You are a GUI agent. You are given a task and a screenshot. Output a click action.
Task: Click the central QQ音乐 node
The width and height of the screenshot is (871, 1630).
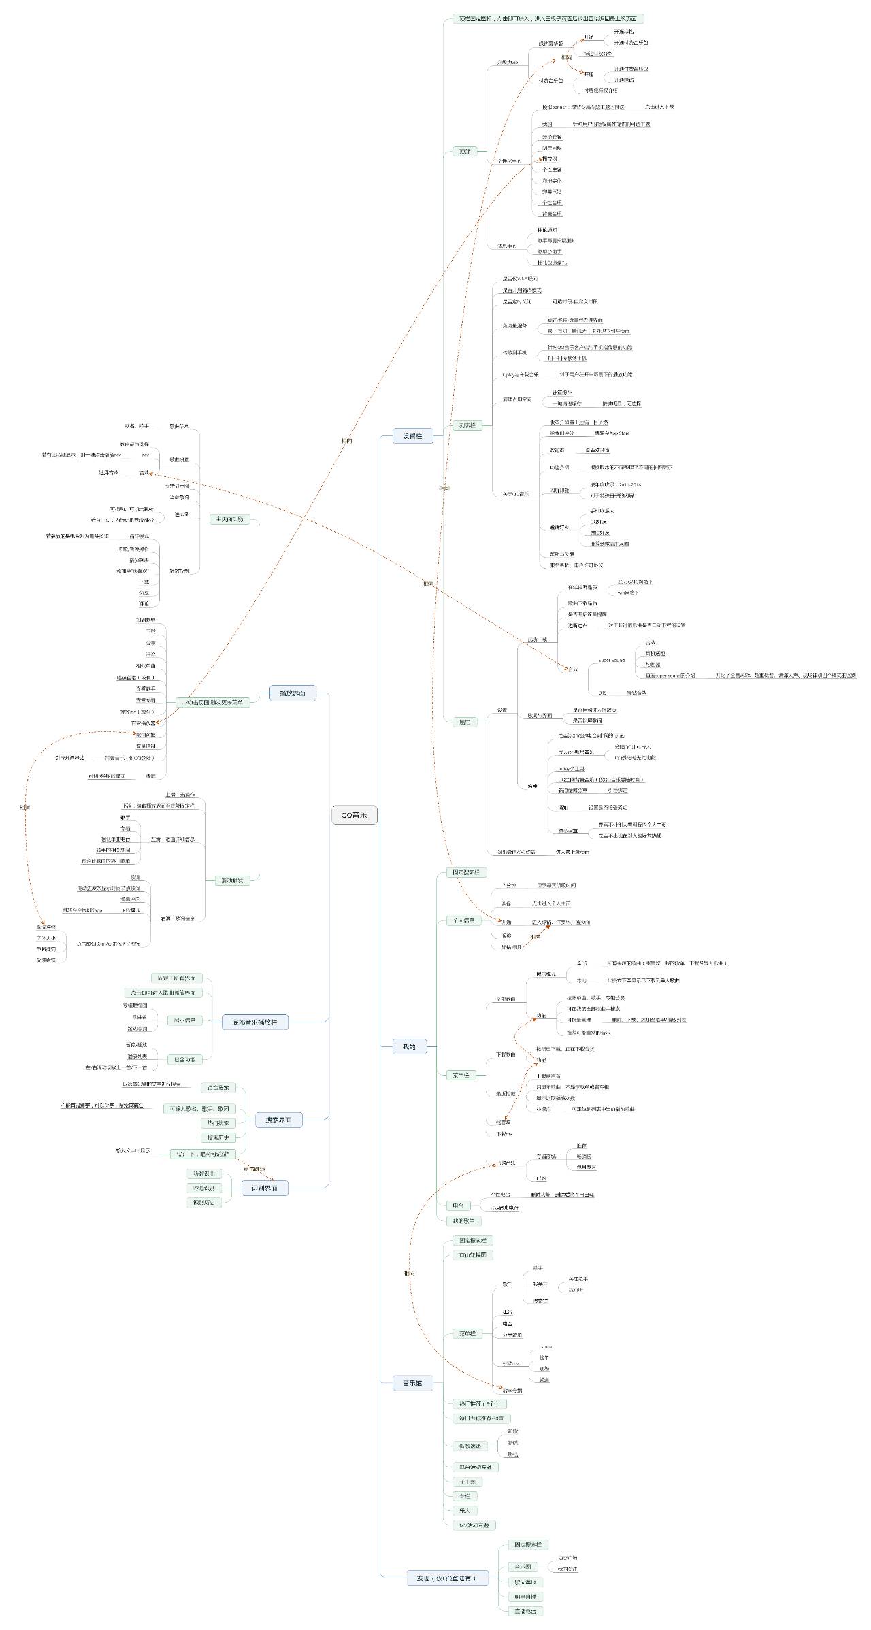pos(354,815)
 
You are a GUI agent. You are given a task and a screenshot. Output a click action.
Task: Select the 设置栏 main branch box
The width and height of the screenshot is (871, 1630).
pos(412,435)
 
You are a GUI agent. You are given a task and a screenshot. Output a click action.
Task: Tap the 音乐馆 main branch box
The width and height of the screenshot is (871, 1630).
pos(412,1382)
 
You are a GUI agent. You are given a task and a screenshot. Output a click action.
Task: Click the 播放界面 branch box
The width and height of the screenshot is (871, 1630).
pos(293,693)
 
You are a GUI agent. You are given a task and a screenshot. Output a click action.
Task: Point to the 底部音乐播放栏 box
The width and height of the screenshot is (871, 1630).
pos(254,1022)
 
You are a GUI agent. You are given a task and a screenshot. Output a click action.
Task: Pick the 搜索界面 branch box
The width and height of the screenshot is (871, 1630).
pos(278,1119)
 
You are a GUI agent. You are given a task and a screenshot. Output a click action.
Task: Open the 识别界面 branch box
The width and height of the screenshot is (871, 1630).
pos(264,1188)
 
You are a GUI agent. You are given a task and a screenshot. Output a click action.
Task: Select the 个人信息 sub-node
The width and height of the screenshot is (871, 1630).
pos(463,920)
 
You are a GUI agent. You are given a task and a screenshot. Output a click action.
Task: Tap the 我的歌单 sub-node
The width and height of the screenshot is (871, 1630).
pos(463,1220)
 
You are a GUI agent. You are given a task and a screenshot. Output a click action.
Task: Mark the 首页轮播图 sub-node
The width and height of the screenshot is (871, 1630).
pos(472,1254)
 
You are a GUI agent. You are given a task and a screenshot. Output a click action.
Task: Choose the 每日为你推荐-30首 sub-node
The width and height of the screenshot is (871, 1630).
pos(481,1418)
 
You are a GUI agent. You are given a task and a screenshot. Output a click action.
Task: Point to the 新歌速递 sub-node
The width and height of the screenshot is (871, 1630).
pos(470,1446)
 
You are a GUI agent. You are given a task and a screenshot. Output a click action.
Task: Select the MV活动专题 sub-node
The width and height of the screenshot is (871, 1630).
pos(474,1525)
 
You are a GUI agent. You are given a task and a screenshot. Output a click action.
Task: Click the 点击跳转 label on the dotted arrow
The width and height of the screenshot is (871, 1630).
pos(254,1169)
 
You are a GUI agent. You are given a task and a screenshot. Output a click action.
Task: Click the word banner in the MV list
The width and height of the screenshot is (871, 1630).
pos(546,1346)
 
